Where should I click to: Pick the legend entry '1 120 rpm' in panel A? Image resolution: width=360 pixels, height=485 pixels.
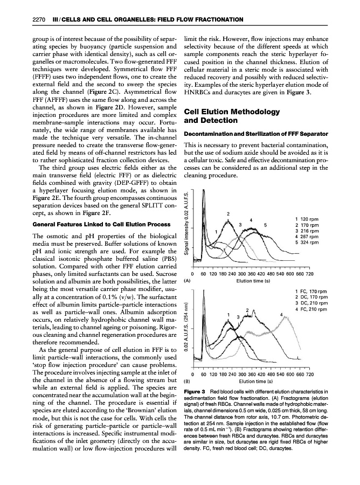coord(308,219)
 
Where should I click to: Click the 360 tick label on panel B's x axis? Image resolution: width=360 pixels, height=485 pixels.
coord(251,373)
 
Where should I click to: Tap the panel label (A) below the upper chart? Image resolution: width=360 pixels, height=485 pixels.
coord(187,280)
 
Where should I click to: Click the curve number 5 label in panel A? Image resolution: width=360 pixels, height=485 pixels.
coord(266,224)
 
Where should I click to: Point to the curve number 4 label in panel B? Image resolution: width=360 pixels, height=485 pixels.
coord(282,314)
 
